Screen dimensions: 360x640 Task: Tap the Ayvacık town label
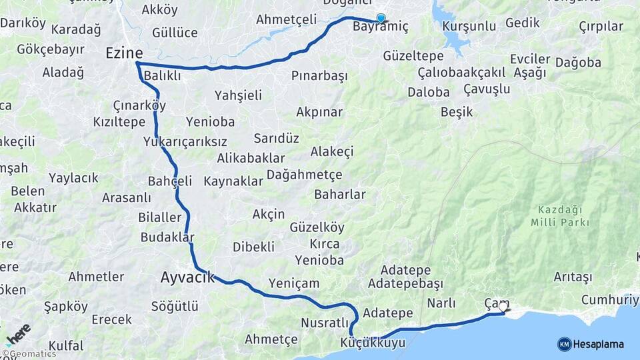(188, 277)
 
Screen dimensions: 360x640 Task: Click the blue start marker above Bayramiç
(381, 18)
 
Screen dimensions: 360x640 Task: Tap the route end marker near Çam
(503, 307)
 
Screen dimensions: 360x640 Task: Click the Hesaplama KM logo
(591, 344)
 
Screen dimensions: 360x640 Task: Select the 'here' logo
(18, 333)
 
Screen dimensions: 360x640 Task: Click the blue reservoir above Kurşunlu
(448, 31)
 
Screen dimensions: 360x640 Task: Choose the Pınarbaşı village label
(319, 76)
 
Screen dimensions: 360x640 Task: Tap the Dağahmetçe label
(304, 175)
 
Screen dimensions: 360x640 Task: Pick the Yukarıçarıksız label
(185, 142)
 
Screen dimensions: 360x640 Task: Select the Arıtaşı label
(573, 277)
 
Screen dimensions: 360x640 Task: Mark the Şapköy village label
(66, 307)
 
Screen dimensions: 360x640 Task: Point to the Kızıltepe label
(119, 123)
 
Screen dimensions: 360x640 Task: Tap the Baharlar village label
(340, 195)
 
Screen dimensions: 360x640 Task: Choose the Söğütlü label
(175, 307)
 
